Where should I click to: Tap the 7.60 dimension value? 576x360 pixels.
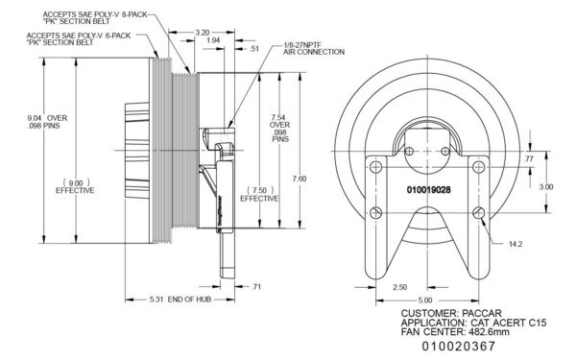[298, 179]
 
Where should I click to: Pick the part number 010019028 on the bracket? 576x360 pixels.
[420, 190]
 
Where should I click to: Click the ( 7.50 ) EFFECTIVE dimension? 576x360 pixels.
[258, 193]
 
